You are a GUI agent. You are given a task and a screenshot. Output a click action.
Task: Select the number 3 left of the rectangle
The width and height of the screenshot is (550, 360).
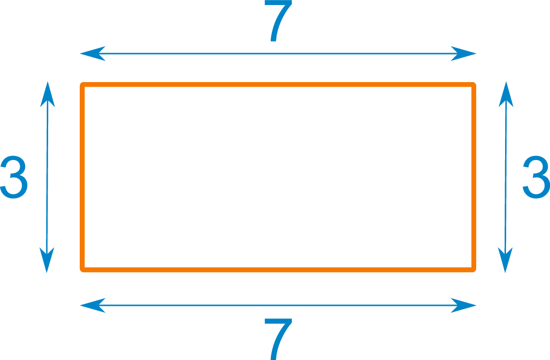tap(14, 177)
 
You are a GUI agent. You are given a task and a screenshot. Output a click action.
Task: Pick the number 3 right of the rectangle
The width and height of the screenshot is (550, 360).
tap(536, 177)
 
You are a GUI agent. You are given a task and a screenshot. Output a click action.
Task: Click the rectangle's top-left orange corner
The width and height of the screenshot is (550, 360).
tap(83, 85)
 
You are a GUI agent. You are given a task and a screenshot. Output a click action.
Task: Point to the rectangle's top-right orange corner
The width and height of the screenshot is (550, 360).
tap(473, 85)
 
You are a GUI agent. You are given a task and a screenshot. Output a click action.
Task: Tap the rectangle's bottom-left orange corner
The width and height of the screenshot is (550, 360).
tap(83, 268)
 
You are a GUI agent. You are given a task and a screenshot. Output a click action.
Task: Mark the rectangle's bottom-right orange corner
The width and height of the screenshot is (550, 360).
tap(473, 268)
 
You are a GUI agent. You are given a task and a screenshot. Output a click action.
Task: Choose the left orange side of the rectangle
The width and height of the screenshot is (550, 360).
tap(82, 177)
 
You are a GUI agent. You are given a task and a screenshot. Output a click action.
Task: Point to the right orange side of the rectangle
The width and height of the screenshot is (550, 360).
tap(474, 177)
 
